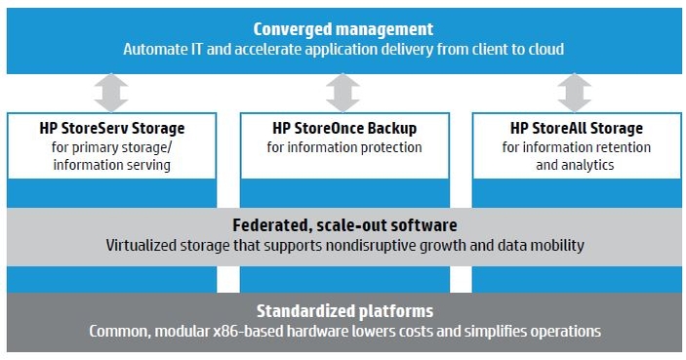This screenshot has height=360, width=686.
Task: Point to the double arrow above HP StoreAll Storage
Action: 574,93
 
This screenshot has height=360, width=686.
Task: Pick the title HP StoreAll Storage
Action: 576,128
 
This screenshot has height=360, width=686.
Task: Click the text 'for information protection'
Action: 344,147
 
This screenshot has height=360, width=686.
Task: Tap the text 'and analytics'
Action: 576,165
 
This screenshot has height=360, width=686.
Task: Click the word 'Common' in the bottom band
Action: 117,332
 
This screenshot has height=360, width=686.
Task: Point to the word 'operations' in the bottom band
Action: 562,332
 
